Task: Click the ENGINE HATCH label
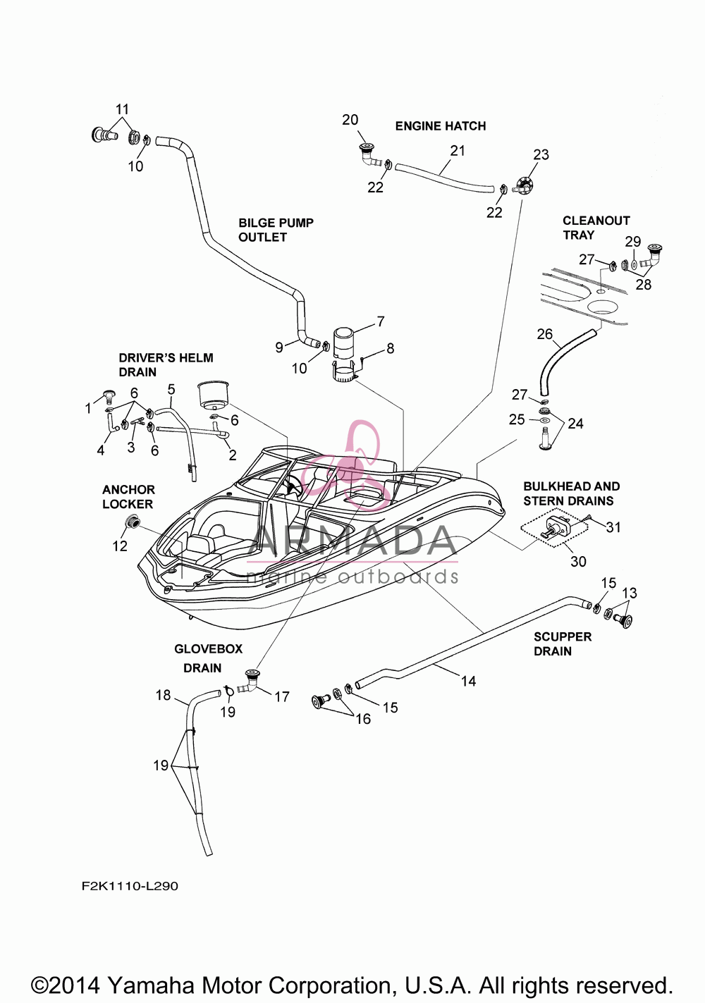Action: point(441,126)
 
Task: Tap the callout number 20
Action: point(350,120)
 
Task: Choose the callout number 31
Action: point(613,527)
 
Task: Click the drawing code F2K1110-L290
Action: point(130,886)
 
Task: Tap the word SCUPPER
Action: point(563,636)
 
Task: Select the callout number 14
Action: point(469,681)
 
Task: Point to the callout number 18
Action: point(164,695)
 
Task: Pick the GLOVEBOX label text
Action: point(208,649)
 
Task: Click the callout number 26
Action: point(545,334)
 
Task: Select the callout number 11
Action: point(122,109)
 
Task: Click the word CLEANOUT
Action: point(596,221)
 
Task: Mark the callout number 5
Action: point(171,389)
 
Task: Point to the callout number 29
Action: point(633,242)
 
